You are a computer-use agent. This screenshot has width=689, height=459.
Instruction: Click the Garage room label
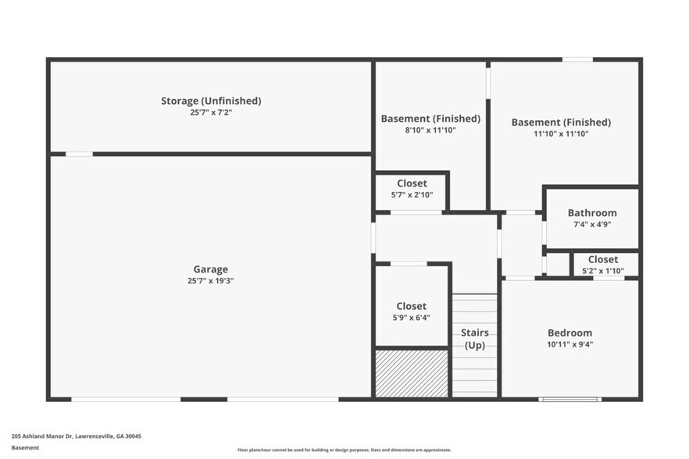pos(211,269)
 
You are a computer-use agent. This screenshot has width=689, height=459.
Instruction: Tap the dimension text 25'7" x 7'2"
pos(211,112)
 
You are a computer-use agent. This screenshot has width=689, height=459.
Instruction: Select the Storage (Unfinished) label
pos(211,101)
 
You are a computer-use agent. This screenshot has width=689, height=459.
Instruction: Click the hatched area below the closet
pos(412,373)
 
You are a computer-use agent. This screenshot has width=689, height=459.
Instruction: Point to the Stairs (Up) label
pos(476,339)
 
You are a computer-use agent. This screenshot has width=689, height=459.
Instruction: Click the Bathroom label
pos(592,212)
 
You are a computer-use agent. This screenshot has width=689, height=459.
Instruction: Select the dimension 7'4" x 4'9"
pos(592,224)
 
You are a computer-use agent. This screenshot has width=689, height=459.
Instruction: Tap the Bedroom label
pos(569,333)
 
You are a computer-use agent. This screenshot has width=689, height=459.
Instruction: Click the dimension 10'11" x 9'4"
pos(569,344)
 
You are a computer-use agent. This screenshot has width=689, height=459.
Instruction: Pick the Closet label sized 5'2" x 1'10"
pos(603,259)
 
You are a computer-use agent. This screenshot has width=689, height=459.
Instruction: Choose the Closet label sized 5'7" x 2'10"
pos(412,183)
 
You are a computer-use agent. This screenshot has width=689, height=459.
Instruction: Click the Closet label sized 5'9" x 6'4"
pos(412,306)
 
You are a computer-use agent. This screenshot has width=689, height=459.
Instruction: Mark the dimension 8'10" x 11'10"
pos(430,130)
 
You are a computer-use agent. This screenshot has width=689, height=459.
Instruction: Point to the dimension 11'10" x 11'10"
pos(561,133)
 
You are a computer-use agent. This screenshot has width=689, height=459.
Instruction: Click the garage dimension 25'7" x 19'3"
pos(211,280)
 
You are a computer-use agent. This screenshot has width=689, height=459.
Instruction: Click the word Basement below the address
pos(25,448)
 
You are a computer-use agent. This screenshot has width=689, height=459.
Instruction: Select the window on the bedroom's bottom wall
pos(559,400)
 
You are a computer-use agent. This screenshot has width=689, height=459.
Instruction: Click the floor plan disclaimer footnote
pos(344,450)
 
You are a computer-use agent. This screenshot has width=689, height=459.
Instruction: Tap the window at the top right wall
pos(577,59)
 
